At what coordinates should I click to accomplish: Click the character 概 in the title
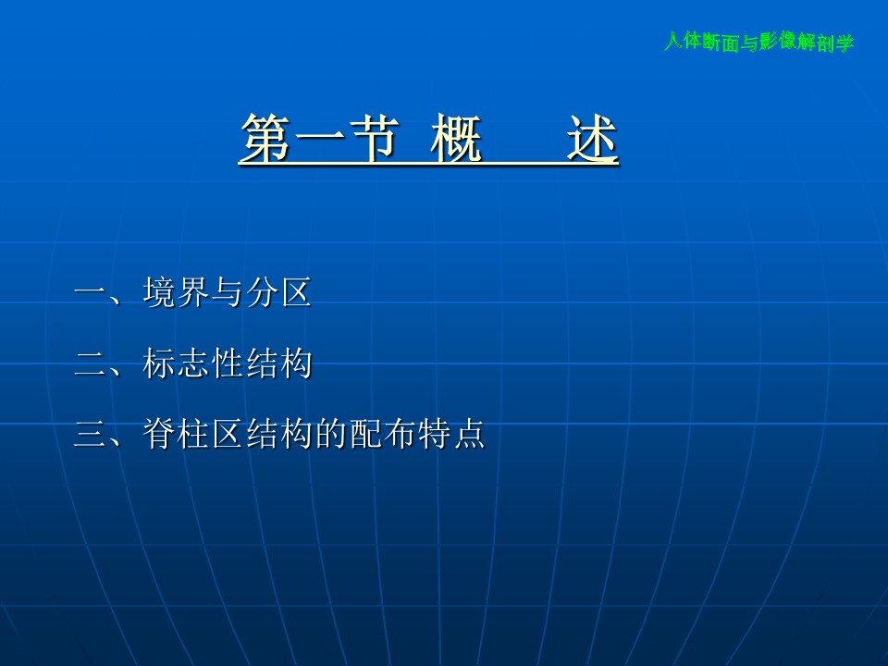point(456,138)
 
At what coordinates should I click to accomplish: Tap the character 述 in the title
point(592,138)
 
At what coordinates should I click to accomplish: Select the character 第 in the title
point(266,138)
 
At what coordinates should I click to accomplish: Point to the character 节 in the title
point(373,138)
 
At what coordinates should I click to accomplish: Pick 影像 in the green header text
point(779,42)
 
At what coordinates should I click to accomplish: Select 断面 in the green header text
point(721,42)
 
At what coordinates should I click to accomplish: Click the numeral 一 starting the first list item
point(91,293)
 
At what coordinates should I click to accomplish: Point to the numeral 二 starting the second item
point(91,364)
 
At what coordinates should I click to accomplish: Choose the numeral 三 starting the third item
point(91,434)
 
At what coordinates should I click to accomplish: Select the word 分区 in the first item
point(278,293)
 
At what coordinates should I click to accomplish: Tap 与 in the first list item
point(227,293)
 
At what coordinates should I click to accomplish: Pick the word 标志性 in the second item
point(193,363)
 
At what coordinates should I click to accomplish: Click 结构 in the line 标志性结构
point(278,363)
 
